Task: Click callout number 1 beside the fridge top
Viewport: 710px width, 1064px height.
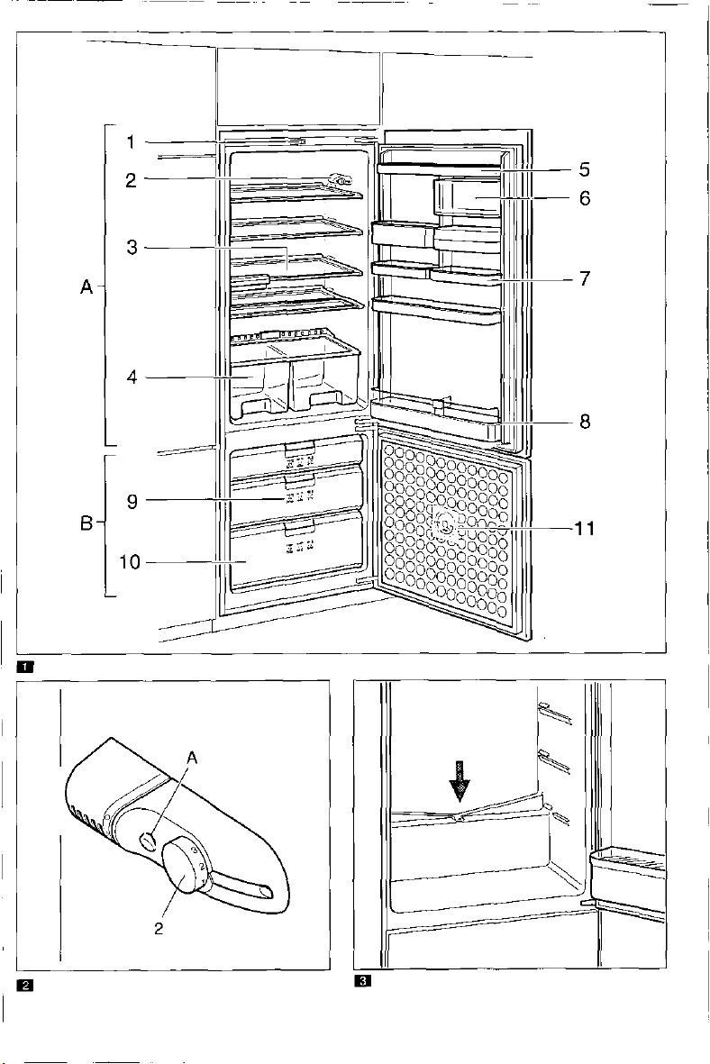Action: pyautogui.click(x=131, y=142)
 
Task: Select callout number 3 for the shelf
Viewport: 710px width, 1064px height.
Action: pyautogui.click(x=132, y=248)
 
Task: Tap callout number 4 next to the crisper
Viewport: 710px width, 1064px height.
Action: pyautogui.click(x=132, y=377)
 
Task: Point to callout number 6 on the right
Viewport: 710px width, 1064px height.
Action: pyautogui.click(x=585, y=198)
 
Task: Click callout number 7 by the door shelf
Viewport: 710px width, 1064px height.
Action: pyautogui.click(x=585, y=278)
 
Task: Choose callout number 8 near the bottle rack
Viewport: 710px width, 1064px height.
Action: pyautogui.click(x=585, y=422)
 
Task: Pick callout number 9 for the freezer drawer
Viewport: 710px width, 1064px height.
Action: pyautogui.click(x=132, y=502)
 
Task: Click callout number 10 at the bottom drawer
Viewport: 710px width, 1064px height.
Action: pyautogui.click(x=132, y=562)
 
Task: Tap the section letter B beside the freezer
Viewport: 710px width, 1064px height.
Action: pyautogui.click(x=86, y=523)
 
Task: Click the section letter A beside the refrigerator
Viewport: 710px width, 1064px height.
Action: pyautogui.click(x=86, y=287)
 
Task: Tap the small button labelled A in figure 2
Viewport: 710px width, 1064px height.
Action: pyautogui.click(x=148, y=841)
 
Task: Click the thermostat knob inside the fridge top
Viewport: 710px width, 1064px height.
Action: pyautogui.click(x=340, y=180)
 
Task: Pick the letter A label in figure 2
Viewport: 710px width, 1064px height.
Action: pyautogui.click(x=192, y=759)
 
